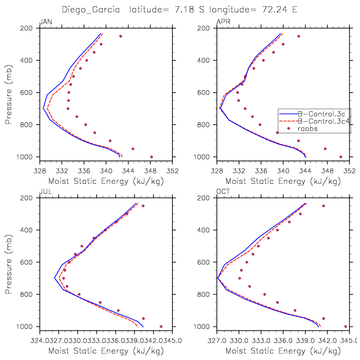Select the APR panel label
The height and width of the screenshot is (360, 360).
click(x=222, y=22)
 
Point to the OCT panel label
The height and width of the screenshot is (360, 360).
click(x=222, y=192)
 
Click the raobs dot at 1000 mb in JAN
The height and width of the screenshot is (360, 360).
click(x=152, y=157)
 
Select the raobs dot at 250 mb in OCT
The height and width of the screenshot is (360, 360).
click(x=323, y=206)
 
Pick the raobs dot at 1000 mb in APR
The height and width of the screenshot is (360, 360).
click(x=341, y=157)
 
